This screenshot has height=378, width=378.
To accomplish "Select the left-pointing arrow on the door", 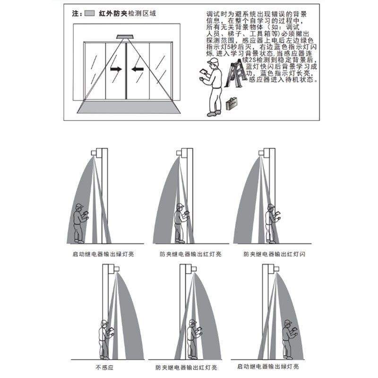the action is click(x=137, y=69).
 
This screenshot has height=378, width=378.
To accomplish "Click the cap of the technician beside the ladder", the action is click(x=214, y=62).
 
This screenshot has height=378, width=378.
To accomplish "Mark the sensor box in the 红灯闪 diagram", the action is click(x=261, y=152).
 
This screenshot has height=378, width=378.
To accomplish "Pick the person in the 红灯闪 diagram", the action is click(x=272, y=222).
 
